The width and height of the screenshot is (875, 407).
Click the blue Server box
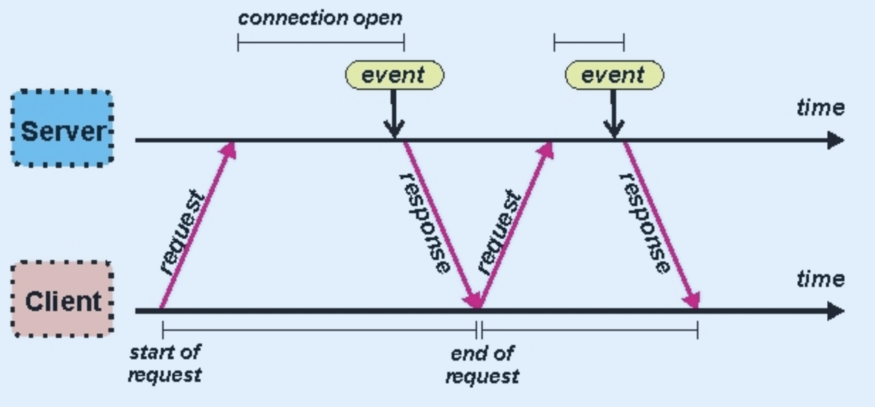(x=62, y=129)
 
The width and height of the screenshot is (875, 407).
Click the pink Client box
(x=62, y=299)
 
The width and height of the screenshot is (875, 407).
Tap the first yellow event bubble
(x=395, y=75)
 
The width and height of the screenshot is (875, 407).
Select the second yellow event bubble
(x=615, y=75)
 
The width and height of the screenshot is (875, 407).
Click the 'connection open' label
(x=320, y=18)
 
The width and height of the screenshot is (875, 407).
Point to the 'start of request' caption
(x=165, y=363)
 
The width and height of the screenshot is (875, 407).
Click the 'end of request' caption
(x=482, y=365)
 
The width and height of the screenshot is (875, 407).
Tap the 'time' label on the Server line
(x=821, y=107)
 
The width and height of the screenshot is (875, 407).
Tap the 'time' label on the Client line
(x=821, y=279)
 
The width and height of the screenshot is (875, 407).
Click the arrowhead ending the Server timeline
(x=836, y=140)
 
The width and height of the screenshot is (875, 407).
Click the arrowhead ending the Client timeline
(x=836, y=311)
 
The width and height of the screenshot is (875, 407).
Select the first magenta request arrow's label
(x=182, y=233)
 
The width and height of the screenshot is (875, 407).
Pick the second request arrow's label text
(x=499, y=233)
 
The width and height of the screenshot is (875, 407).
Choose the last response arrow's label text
(x=645, y=223)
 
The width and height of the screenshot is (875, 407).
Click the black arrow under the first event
(x=394, y=113)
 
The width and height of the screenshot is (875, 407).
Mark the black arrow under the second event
(x=614, y=113)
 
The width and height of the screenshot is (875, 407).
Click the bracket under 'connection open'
(x=321, y=42)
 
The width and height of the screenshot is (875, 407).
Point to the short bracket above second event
(x=589, y=42)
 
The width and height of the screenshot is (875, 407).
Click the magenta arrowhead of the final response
(x=691, y=301)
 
